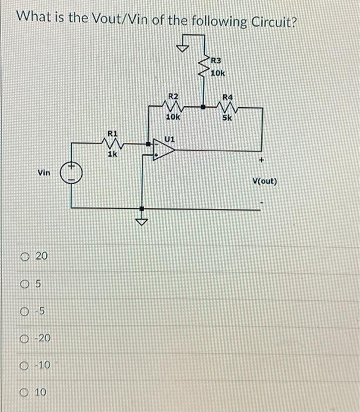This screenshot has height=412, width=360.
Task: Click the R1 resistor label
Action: click(x=111, y=134)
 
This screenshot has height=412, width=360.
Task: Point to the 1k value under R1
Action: click(x=112, y=155)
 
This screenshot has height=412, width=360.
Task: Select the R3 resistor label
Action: click(x=216, y=61)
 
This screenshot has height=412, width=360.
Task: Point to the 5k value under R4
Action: click(x=227, y=117)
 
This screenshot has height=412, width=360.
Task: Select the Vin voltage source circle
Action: click(x=71, y=173)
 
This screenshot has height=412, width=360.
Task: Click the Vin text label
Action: click(x=44, y=173)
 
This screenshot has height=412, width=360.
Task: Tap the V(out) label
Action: click(x=264, y=181)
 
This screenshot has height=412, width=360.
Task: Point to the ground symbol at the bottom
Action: click(x=142, y=222)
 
